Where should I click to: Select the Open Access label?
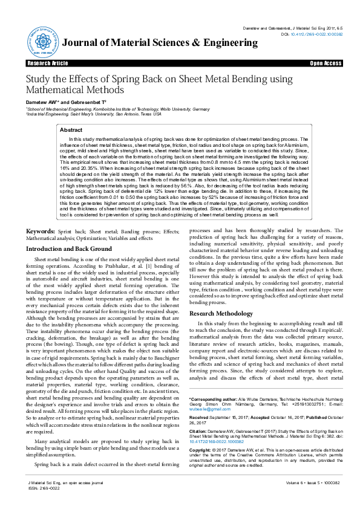point(326,63)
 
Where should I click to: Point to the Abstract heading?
point(71,130)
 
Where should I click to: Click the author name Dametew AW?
point(41,103)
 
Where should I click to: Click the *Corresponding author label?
point(213,400)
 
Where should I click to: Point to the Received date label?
point(200,417)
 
